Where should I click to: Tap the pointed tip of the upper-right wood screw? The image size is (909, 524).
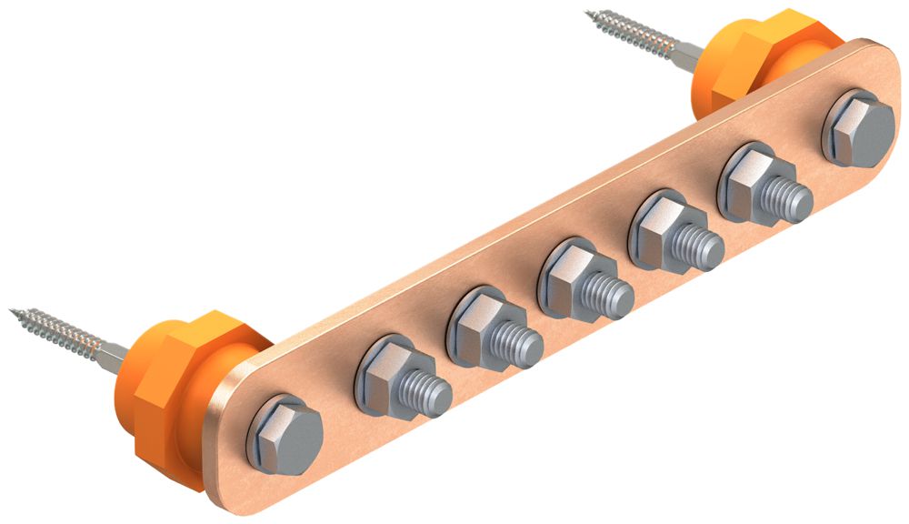[x=589, y=13]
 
